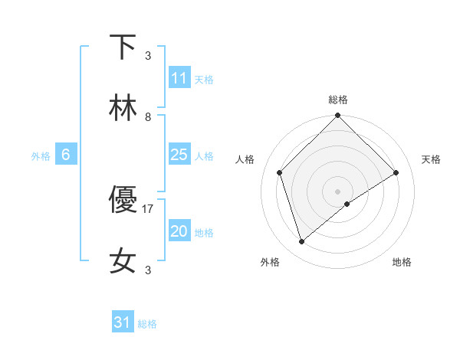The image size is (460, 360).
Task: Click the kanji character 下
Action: click(123, 47)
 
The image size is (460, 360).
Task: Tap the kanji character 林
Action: click(123, 110)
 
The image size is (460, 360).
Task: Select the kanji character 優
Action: click(123, 201)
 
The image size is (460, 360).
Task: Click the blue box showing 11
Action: click(179, 79)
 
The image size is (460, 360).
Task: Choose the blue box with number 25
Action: click(179, 155)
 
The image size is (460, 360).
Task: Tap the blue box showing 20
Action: click(179, 231)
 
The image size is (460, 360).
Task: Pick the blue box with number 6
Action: click(66, 155)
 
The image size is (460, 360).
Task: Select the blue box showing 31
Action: click(123, 322)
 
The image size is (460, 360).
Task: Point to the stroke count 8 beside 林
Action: click(148, 117)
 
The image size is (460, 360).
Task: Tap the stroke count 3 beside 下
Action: click(148, 55)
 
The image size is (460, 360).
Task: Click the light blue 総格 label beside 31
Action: click(147, 324)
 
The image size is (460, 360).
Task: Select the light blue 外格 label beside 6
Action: click(41, 156)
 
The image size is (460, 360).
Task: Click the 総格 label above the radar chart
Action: click(338, 100)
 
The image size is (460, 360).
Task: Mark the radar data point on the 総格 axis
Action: click(338, 116)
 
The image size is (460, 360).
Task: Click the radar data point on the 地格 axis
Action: click(347, 204)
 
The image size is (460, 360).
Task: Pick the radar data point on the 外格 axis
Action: click(302, 241)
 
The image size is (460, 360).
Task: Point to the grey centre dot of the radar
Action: click(338, 191)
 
